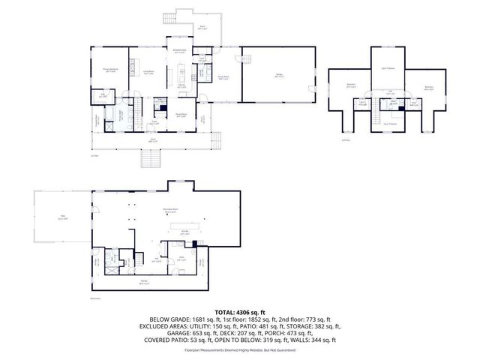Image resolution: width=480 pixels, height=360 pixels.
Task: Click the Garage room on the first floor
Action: click(x=277, y=74)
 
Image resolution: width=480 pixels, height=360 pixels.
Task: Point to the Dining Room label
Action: click(x=181, y=115)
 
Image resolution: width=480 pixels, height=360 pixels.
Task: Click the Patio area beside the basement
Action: click(x=62, y=218)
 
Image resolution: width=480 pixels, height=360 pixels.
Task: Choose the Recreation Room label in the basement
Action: click(x=171, y=210)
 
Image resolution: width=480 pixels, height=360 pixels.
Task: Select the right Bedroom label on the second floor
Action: click(x=429, y=87)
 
